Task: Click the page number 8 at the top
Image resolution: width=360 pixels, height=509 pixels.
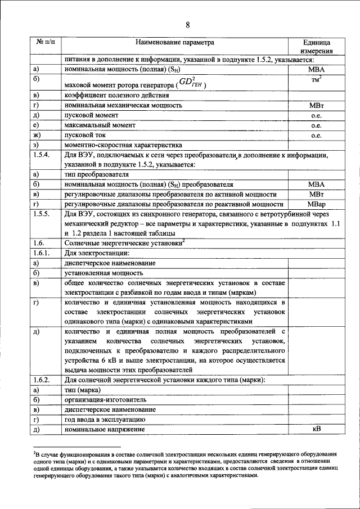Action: click(188, 25)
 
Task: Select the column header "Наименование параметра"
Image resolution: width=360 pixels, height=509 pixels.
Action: click(174, 42)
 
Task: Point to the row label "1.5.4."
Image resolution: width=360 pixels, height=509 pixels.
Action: click(43, 155)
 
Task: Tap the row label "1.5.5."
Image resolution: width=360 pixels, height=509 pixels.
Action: click(43, 214)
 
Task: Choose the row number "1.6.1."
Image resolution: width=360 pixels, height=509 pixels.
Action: click(43, 253)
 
